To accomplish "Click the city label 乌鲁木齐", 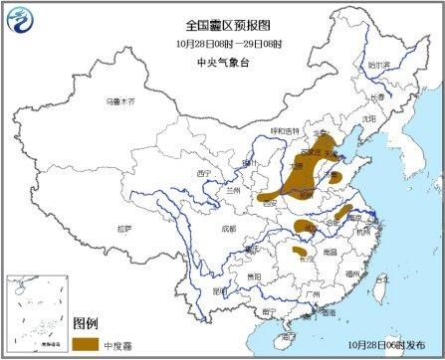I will pos(118,102).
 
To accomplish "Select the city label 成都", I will pos(231,228).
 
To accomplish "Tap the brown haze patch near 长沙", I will pos(299,253).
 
